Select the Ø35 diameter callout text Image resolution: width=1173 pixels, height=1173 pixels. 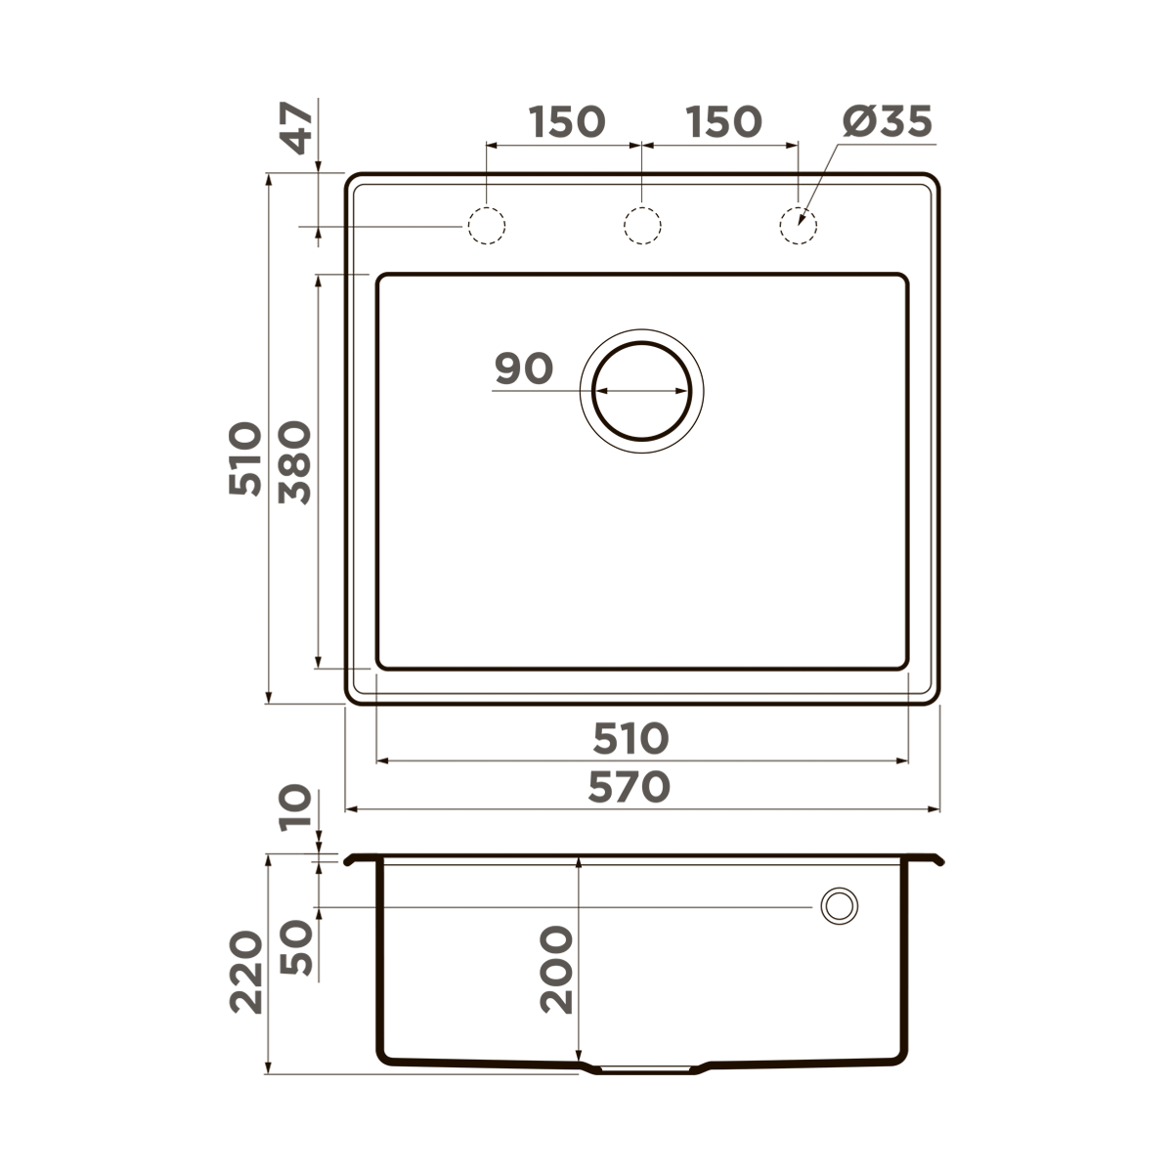coord(887,122)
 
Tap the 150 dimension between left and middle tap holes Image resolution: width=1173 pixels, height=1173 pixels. coord(567,122)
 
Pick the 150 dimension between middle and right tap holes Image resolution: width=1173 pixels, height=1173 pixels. coord(722,122)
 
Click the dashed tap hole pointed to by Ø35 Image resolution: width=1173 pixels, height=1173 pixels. coord(798,226)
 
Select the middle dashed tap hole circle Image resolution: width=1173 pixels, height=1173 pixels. coord(642,226)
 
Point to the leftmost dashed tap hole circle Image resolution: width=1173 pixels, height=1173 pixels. coord(486,226)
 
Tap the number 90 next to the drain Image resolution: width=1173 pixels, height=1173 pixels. coord(524,369)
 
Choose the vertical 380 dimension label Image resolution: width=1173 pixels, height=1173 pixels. coord(295,462)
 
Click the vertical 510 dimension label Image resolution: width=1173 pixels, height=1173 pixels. coord(246,459)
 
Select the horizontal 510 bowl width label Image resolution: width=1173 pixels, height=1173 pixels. coord(630,739)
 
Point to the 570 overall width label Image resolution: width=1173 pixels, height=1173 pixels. coord(630,787)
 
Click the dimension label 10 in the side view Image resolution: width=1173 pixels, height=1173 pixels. coord(296,808)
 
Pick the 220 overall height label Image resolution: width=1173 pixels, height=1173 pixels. coord(246,972)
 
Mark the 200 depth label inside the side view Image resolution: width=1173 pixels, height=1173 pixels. coord(556,970)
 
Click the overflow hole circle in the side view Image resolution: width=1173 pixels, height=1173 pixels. coord(838,906)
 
